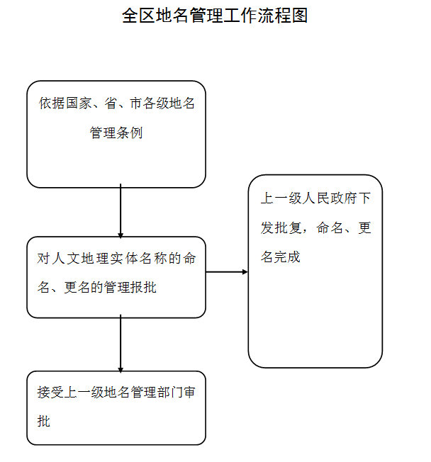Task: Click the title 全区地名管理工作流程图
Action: [x=215, y=16]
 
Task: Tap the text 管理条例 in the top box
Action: [x=116, y=133]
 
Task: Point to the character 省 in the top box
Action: [x=111, y=103]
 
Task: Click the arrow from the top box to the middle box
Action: [x=121, y=211]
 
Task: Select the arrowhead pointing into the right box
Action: [x=245, y=271]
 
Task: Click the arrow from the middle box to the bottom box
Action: [x=121, y=344]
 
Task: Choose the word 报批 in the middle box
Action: [x=143, y=287]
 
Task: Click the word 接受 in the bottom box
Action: [x=50, y=392]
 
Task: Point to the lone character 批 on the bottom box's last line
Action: [x=44, y=421]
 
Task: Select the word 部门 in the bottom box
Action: [x=169, y=392]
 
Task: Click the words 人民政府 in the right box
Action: [x=330, y=198]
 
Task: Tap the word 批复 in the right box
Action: [x=288, y=227]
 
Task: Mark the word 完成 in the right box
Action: [x=287, y=257]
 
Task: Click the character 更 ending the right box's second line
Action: [x=364, y=227]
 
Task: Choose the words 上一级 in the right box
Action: [x=281, y=198]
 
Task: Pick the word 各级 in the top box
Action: [x=156, y=103]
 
